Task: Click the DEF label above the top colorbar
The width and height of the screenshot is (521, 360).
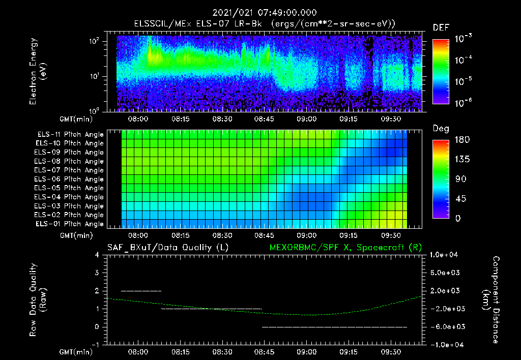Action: pyautogui.click(x=441, y=28)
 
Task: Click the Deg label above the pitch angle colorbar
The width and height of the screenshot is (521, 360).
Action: pyautogui.click(x=441, y=128)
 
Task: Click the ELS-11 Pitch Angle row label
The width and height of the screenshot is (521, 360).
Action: pyautogui.click(x=70, y=135)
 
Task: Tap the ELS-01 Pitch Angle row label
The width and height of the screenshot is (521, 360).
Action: pyautogui.click(x=70, y=224)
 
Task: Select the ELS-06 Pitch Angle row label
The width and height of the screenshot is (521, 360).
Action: pyautogui.click(x=70, y=179)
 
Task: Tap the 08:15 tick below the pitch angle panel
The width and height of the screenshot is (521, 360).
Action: pyautogui.click(x=181, y=235)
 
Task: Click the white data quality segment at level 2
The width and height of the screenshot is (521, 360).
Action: pyautogui.click(x=141, y=291)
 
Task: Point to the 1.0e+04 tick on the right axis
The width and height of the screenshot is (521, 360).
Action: pyautogui.click(x=446, y=255)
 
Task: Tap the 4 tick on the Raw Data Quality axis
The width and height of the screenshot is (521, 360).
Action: pyautogui.click(x=97, y=255)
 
